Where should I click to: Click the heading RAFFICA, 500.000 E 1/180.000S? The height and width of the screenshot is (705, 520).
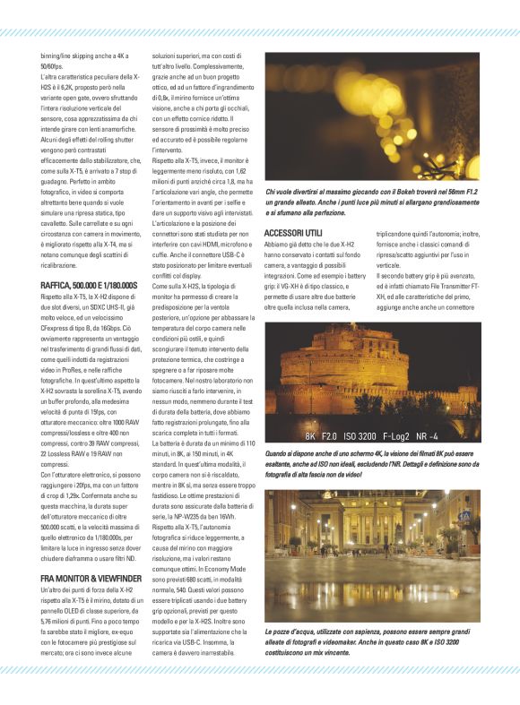(90, 285)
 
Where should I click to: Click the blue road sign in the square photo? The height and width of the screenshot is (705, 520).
(464, 517)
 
